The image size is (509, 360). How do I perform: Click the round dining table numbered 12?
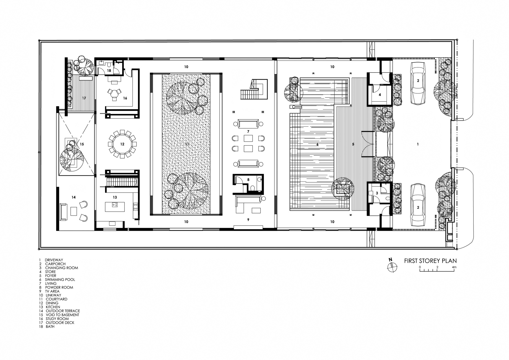tap(122, 144)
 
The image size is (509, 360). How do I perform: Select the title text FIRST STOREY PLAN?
tap(430, 261)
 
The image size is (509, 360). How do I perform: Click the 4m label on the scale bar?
tap(454, 267)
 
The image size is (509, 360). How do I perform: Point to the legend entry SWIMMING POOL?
tap(60, 279)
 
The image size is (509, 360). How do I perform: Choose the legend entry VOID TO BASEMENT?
tap(63, 315)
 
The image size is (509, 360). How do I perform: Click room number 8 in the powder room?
tap(248, 180)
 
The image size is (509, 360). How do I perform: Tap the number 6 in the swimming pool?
tap(318, 144)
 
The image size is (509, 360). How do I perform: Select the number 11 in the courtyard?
tap(187, 144)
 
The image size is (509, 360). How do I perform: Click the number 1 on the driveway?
tap(418, 144)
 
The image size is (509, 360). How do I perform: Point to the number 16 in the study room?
tap(125, 98)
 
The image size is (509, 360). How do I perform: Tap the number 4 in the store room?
tap(380, 95)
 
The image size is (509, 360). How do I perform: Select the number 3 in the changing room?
tap(377, 193)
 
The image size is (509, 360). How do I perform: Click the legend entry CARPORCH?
tap(55, 264)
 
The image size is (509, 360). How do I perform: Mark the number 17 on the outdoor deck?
tap(84, 98)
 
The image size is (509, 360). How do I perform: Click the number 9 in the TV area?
tap(248, 220)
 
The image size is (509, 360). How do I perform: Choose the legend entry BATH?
tap(50, 327)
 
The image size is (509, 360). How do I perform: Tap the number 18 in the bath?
tap(109, 71)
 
